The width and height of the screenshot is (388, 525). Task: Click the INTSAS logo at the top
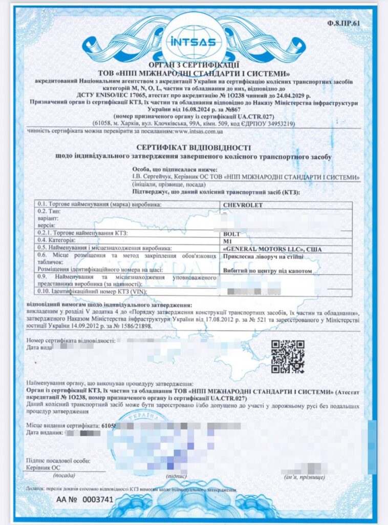(193, 41)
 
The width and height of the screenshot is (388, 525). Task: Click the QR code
(287, 356)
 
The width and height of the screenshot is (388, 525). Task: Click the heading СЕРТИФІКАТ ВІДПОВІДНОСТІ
(193, 146)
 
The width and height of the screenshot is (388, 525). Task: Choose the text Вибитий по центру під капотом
(267, 271)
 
